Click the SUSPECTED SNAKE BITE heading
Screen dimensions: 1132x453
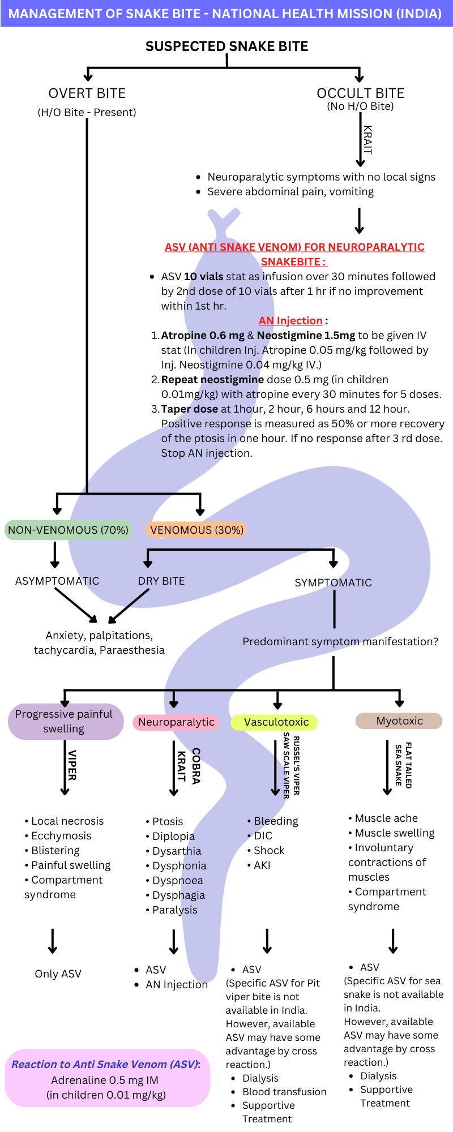coord(226,46)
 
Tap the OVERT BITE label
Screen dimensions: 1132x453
coord(87,93)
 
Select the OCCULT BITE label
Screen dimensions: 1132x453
coord(360,93)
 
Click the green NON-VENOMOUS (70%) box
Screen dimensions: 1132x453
coord(68,530)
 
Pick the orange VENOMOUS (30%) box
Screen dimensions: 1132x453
coord(197,530)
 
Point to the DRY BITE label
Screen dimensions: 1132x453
coord(161,581)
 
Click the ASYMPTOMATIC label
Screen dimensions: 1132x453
coord(57,581)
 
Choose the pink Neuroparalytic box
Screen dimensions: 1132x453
coord(176,722)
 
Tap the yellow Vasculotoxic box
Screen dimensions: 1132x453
coord(276,722)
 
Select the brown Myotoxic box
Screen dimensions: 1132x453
coord(399,721)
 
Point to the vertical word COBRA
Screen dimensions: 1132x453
coord(196,766)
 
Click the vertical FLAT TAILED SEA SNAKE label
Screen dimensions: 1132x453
coord(403,765)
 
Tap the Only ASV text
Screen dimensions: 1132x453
coord(58,974)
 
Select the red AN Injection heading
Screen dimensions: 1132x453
coord(290,321)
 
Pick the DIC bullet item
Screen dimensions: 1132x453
coord(263,836)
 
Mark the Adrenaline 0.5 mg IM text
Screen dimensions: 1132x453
coord(105,1080)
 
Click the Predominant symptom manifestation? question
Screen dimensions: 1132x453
coord(340,642)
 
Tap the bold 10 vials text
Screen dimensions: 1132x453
coord(203,277)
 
